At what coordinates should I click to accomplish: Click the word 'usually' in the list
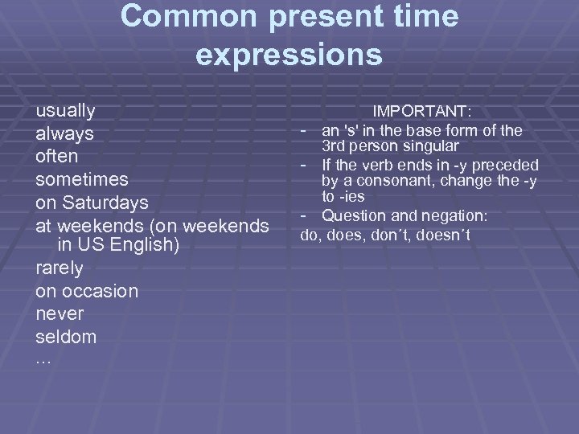66,111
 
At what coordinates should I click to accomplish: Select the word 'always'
64,133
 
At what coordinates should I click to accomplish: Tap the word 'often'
56,155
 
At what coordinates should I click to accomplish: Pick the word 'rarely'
60,268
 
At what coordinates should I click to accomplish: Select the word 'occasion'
103,290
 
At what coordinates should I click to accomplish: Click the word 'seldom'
66,336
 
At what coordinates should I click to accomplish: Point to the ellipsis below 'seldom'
43,360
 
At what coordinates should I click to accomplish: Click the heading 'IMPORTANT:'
421,110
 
